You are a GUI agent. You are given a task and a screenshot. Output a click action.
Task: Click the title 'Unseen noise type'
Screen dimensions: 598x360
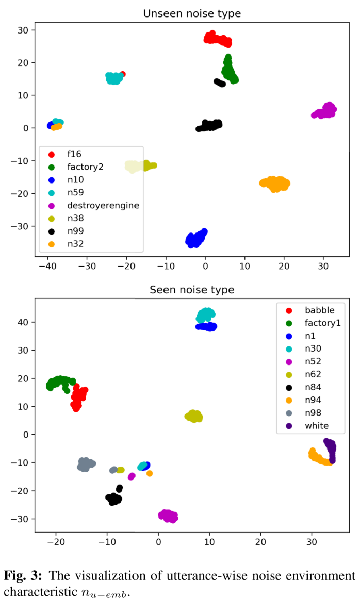point(191,13)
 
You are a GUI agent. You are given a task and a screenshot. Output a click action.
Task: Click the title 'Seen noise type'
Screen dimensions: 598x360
point(191,290)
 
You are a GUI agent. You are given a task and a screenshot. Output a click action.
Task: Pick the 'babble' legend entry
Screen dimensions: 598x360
point(319,310)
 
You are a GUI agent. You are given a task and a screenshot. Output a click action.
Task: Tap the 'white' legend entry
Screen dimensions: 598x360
point(316,425)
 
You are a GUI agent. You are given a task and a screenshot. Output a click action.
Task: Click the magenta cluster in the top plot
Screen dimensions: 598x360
point(324,111)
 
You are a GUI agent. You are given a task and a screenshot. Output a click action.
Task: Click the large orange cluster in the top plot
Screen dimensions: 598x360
point(274,184)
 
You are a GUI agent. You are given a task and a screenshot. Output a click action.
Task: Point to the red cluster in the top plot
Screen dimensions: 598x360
point(218,39)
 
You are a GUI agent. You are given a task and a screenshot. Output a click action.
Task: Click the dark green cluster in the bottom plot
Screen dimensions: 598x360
point(60,384)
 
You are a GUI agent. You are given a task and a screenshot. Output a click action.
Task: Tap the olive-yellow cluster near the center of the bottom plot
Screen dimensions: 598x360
point(193,416)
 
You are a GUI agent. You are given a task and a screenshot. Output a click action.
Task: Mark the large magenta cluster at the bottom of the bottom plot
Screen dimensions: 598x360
point(168,516)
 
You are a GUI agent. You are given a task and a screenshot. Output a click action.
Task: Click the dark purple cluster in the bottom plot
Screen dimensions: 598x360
point(330,450)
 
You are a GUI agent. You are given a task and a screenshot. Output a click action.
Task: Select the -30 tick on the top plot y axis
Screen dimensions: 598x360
point(22,226)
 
